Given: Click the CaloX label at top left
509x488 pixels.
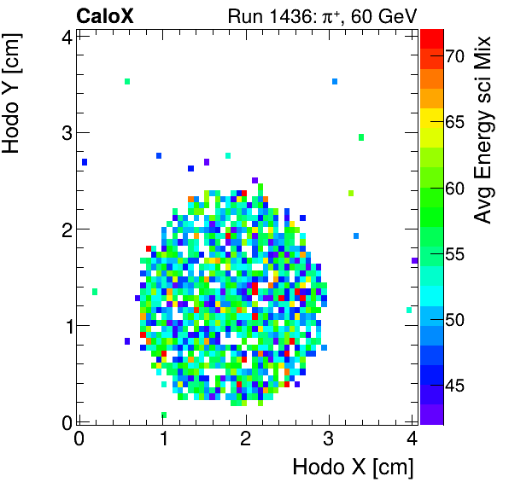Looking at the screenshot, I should click(104, 15).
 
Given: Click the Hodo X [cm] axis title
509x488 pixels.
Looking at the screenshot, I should click(353, 468).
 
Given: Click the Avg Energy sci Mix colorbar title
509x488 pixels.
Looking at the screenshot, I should click(483, 130).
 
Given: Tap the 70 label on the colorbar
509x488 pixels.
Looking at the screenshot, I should click(453, 56).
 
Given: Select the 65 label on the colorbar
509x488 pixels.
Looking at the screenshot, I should click(453, 122).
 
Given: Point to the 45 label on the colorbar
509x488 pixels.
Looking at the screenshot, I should click(453, 386).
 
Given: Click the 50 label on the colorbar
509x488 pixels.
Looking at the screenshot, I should click(453, 320).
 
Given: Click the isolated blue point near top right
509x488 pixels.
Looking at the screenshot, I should click(335, 82).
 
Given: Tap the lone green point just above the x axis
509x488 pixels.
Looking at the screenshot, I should click(164, 415).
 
